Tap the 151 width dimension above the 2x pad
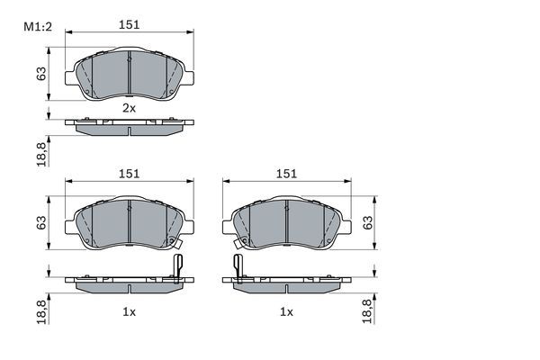[x=130, y=26]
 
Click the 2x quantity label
[x=129, y=108]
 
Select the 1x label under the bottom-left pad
[x=129, y=311]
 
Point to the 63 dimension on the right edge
[x=367, y=222]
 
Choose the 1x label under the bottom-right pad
[x=286, y=311]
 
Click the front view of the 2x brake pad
[x=129, y=74]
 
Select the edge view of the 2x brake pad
[x=129, y=127]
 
